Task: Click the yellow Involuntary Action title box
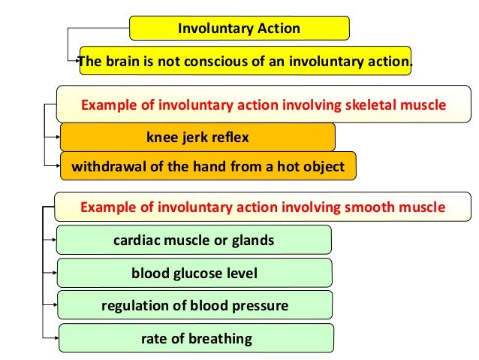click(x=239, y=29)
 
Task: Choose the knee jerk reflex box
click(x=197, y=138)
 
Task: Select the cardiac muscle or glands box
click(x=193, y=241)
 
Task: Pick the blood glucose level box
click(x=194, y=274)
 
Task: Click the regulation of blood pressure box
click(x=194, y=306)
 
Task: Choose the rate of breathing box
click(x=195, y=339)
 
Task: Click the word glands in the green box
click(x=250, y=241)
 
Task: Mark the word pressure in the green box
click(x=261, y=306)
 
